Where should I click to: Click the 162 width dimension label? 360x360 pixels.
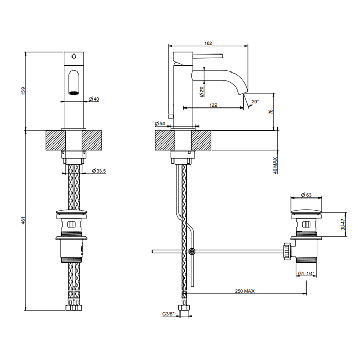pos(208,43)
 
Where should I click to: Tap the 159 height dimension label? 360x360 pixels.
pos(24,92)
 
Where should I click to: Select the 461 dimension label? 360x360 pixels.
pos(24,221)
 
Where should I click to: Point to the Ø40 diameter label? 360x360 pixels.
pos(94,99)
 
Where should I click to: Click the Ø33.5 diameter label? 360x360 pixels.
pos(99,171)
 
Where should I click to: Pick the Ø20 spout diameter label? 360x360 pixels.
pos(202,92)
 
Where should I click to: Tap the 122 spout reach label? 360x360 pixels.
pos(213,105)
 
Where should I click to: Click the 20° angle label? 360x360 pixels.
pos(255,101)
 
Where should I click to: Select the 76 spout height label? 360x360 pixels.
pos(271,112)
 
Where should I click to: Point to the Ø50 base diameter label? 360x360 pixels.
pos(160,123)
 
